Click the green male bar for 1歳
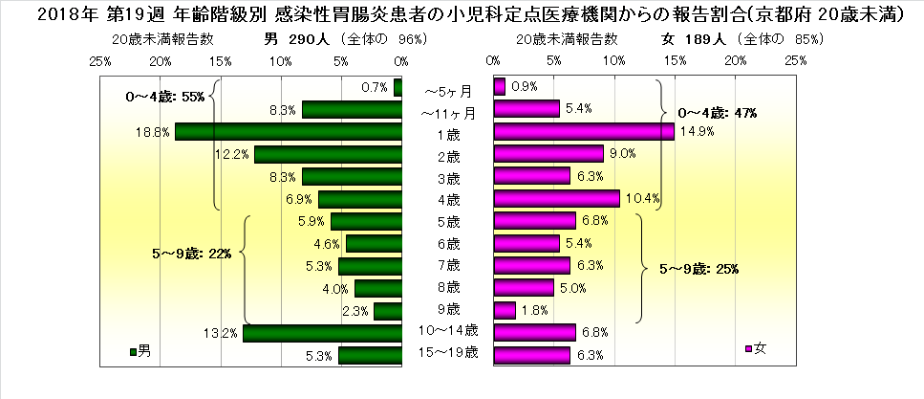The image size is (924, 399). point(288,131)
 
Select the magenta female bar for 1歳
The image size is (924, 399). point(583,131)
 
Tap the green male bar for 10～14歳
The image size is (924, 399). point(321,333)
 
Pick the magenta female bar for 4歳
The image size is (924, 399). point(556,199)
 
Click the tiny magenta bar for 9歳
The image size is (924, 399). point(505,310)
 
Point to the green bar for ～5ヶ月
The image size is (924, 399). point(398,87)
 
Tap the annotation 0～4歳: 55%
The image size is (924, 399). point(166,97)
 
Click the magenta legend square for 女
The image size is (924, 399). point(749,350)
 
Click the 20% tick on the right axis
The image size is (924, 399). point(736,61)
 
